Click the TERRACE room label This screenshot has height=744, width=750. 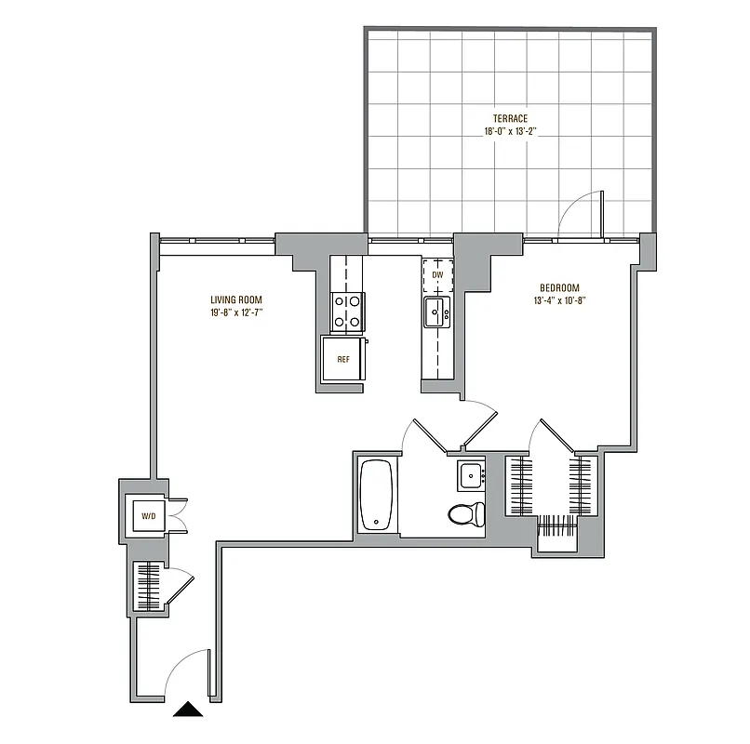[511, 118]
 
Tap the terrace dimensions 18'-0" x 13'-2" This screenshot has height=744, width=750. [511, 132]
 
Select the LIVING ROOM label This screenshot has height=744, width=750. [235, 299]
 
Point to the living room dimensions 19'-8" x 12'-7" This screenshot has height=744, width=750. [235, 313]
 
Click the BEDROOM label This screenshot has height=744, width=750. [558, 287]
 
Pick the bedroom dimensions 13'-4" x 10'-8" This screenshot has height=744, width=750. [558, 300]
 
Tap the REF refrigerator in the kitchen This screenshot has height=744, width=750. [343, 359]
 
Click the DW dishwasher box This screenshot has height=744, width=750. [437, 275]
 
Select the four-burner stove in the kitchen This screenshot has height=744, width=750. [348, 312]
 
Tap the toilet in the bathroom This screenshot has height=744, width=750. [466, 512]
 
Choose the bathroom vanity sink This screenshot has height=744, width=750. [472, 475]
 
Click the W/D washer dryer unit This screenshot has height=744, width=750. [148, 514]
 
